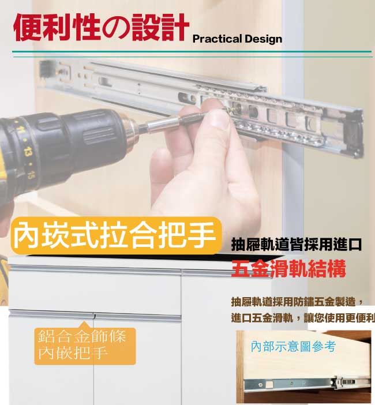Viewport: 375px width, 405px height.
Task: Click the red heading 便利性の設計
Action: point(101,27)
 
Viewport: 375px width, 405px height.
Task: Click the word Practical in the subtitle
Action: point(217,39)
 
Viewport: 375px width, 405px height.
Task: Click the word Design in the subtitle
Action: point(263,39)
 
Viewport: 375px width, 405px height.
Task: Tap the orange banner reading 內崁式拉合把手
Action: point(116,235)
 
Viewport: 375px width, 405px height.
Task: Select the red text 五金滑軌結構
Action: point(288,269)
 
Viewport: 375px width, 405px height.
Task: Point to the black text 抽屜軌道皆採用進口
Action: point(296,245)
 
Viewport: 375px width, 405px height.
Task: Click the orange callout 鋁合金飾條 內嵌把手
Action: point(85,346)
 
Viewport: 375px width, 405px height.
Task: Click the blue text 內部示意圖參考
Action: point(293,346)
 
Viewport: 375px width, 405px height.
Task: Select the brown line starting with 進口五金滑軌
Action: point(303,318)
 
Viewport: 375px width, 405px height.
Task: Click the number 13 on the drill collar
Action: point(27,151)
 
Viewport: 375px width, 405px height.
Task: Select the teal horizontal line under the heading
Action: point(192,52)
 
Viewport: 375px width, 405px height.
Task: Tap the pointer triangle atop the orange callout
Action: point(84,324)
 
